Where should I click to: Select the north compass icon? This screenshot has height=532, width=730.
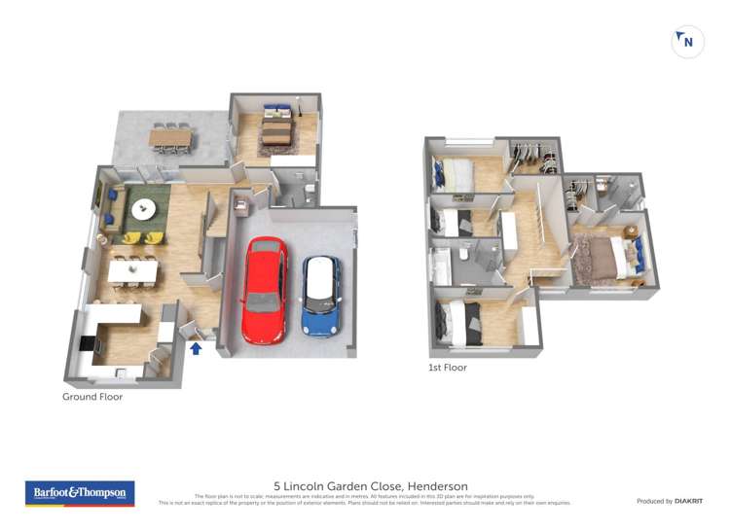[x=687, y=42]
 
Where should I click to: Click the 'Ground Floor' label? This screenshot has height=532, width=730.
[x=92, y=397]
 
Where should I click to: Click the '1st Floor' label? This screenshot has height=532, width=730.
[x=448, y=368]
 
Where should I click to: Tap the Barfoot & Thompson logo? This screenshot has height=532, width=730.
[x=80, y=493]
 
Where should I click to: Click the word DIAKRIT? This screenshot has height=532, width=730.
[x=688, y=501]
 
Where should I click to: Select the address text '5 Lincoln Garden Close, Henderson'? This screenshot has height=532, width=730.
[x=370, y=486]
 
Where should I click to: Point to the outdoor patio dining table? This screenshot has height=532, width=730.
[x=170, y=138]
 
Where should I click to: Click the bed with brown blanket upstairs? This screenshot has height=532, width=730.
[x=609, y=258]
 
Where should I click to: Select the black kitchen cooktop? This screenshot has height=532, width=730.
[x=87, y=343]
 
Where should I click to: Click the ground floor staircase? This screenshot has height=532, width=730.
[x=213, y=238]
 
